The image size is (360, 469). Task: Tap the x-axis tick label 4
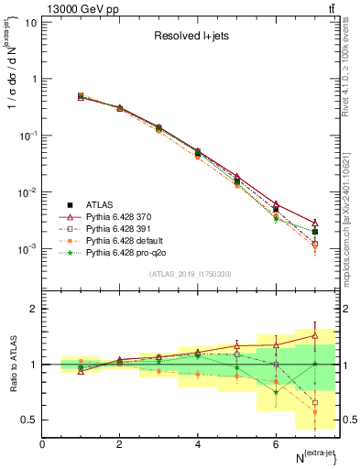198,444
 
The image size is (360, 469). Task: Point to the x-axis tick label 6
276,444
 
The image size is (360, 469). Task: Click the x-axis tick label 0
42,444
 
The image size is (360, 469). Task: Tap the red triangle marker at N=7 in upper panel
314,223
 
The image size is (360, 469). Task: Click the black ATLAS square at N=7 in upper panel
314,232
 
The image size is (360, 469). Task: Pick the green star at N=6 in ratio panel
276,393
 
